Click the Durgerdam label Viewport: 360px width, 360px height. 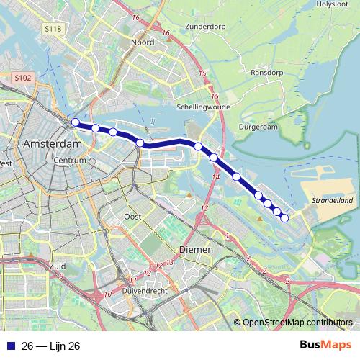(256, 126)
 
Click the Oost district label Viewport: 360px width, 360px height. (132, 216)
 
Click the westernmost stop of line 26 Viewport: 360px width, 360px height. (75, 122)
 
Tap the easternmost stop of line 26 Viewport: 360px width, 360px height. (284, 218)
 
